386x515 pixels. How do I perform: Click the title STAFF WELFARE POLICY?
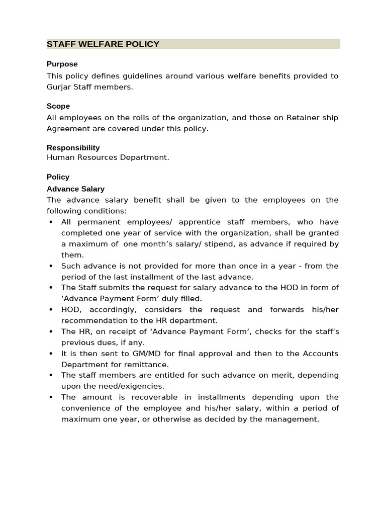point(103,44)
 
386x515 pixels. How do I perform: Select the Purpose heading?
point(62,64)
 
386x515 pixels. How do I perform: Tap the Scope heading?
point(58,106)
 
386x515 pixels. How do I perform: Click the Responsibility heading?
point(73,147)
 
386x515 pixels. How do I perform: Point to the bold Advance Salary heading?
point(75,189)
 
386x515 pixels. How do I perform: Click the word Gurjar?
point(59,87)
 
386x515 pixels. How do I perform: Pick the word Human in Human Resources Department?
point(59,157)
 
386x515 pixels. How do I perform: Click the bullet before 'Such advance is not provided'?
point(51,266)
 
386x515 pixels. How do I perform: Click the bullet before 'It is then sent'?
point(51,354)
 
